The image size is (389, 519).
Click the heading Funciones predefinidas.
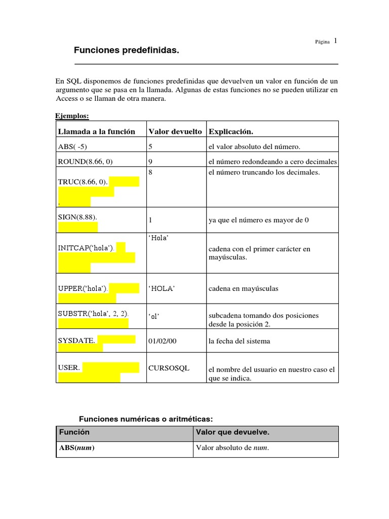coord(127,51)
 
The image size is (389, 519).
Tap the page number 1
coord(335,41)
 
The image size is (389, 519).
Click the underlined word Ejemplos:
coord(72,116)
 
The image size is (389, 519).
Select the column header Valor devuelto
coord(175,131)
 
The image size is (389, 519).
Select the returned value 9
coord(150,162)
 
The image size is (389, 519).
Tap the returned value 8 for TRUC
coord(150,172)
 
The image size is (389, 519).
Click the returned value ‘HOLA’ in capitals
coord(162,288)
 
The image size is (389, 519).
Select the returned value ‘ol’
coord(154,316)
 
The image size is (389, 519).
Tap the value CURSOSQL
coord(169,368)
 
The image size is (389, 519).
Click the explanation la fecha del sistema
coord(239,341)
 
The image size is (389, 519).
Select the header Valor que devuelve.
coord(232,432)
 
